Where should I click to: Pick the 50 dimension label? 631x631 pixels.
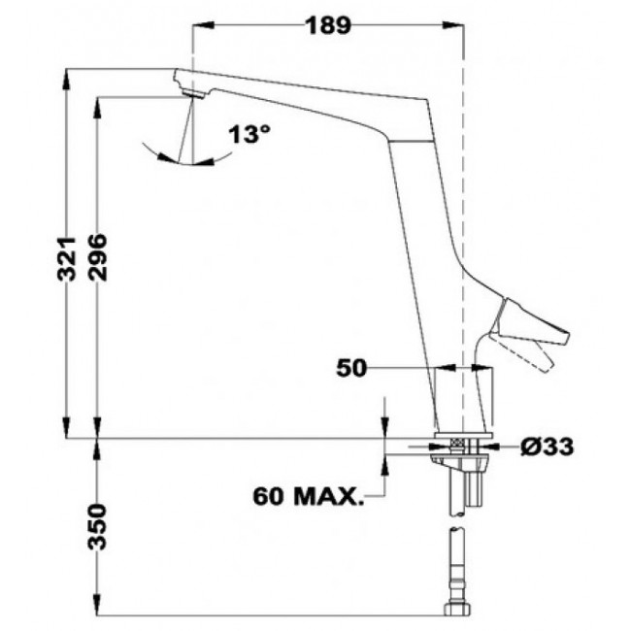[x=352, y=368]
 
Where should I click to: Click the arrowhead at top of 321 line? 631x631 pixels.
[x=64, y=75]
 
